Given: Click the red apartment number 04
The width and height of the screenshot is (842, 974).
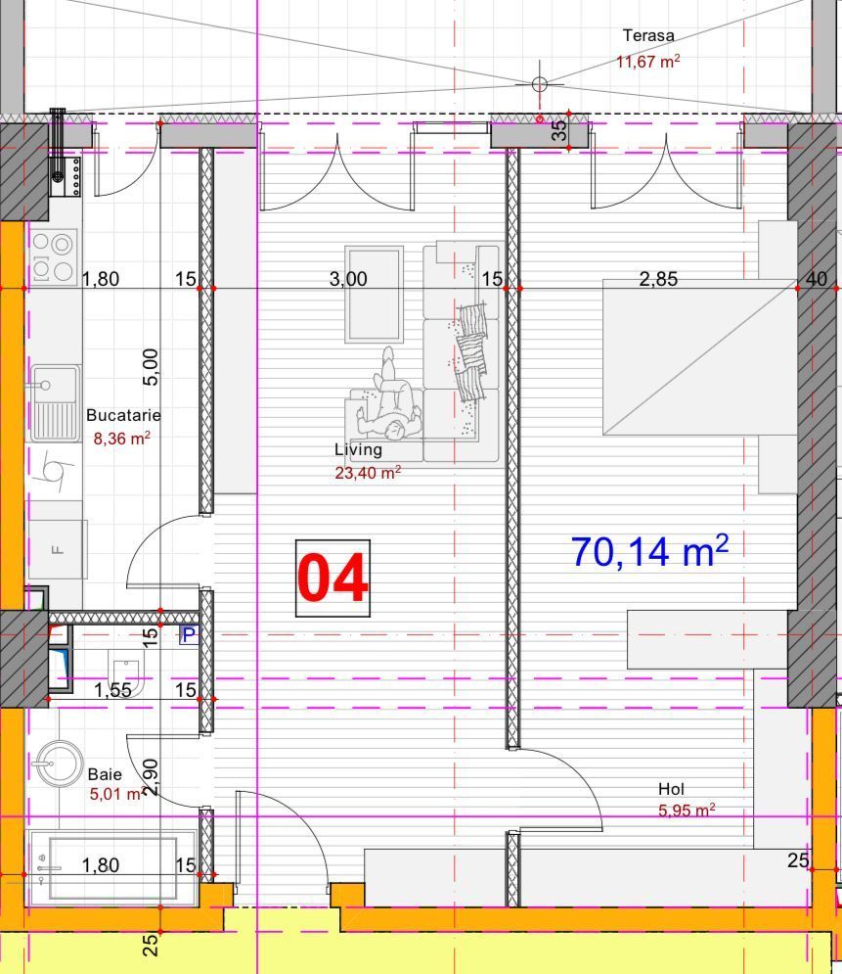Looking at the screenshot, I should pos(332,579).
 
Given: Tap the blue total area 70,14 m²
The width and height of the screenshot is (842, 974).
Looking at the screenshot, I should pos(648,551).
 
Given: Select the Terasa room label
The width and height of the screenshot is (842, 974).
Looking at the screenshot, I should pos(648,36).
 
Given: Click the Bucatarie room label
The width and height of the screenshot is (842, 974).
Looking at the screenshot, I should pos(123,416).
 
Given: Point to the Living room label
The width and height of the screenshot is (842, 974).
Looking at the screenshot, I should pos(358,450).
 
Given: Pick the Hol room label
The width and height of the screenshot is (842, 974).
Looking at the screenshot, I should pos(671,789).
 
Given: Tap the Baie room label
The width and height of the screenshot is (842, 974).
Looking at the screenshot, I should pos(105,774).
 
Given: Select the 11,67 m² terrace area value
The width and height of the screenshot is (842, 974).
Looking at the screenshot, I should pos(647,62).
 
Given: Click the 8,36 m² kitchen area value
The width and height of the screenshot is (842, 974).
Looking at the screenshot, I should pos(121,440).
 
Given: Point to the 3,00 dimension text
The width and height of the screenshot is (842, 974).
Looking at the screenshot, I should pos(348,279).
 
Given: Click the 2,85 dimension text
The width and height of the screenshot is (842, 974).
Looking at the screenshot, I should pos(658,279).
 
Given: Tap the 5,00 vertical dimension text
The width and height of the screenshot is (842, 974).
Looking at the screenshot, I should pos(152,366).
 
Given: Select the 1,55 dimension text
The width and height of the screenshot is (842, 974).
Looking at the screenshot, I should pos(112,690).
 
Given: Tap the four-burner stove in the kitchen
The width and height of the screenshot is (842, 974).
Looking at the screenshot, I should pos(54,256).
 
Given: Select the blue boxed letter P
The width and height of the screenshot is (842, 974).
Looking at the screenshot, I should pos(188,635).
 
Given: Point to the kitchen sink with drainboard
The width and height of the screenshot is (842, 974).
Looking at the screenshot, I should pos(53,400).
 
